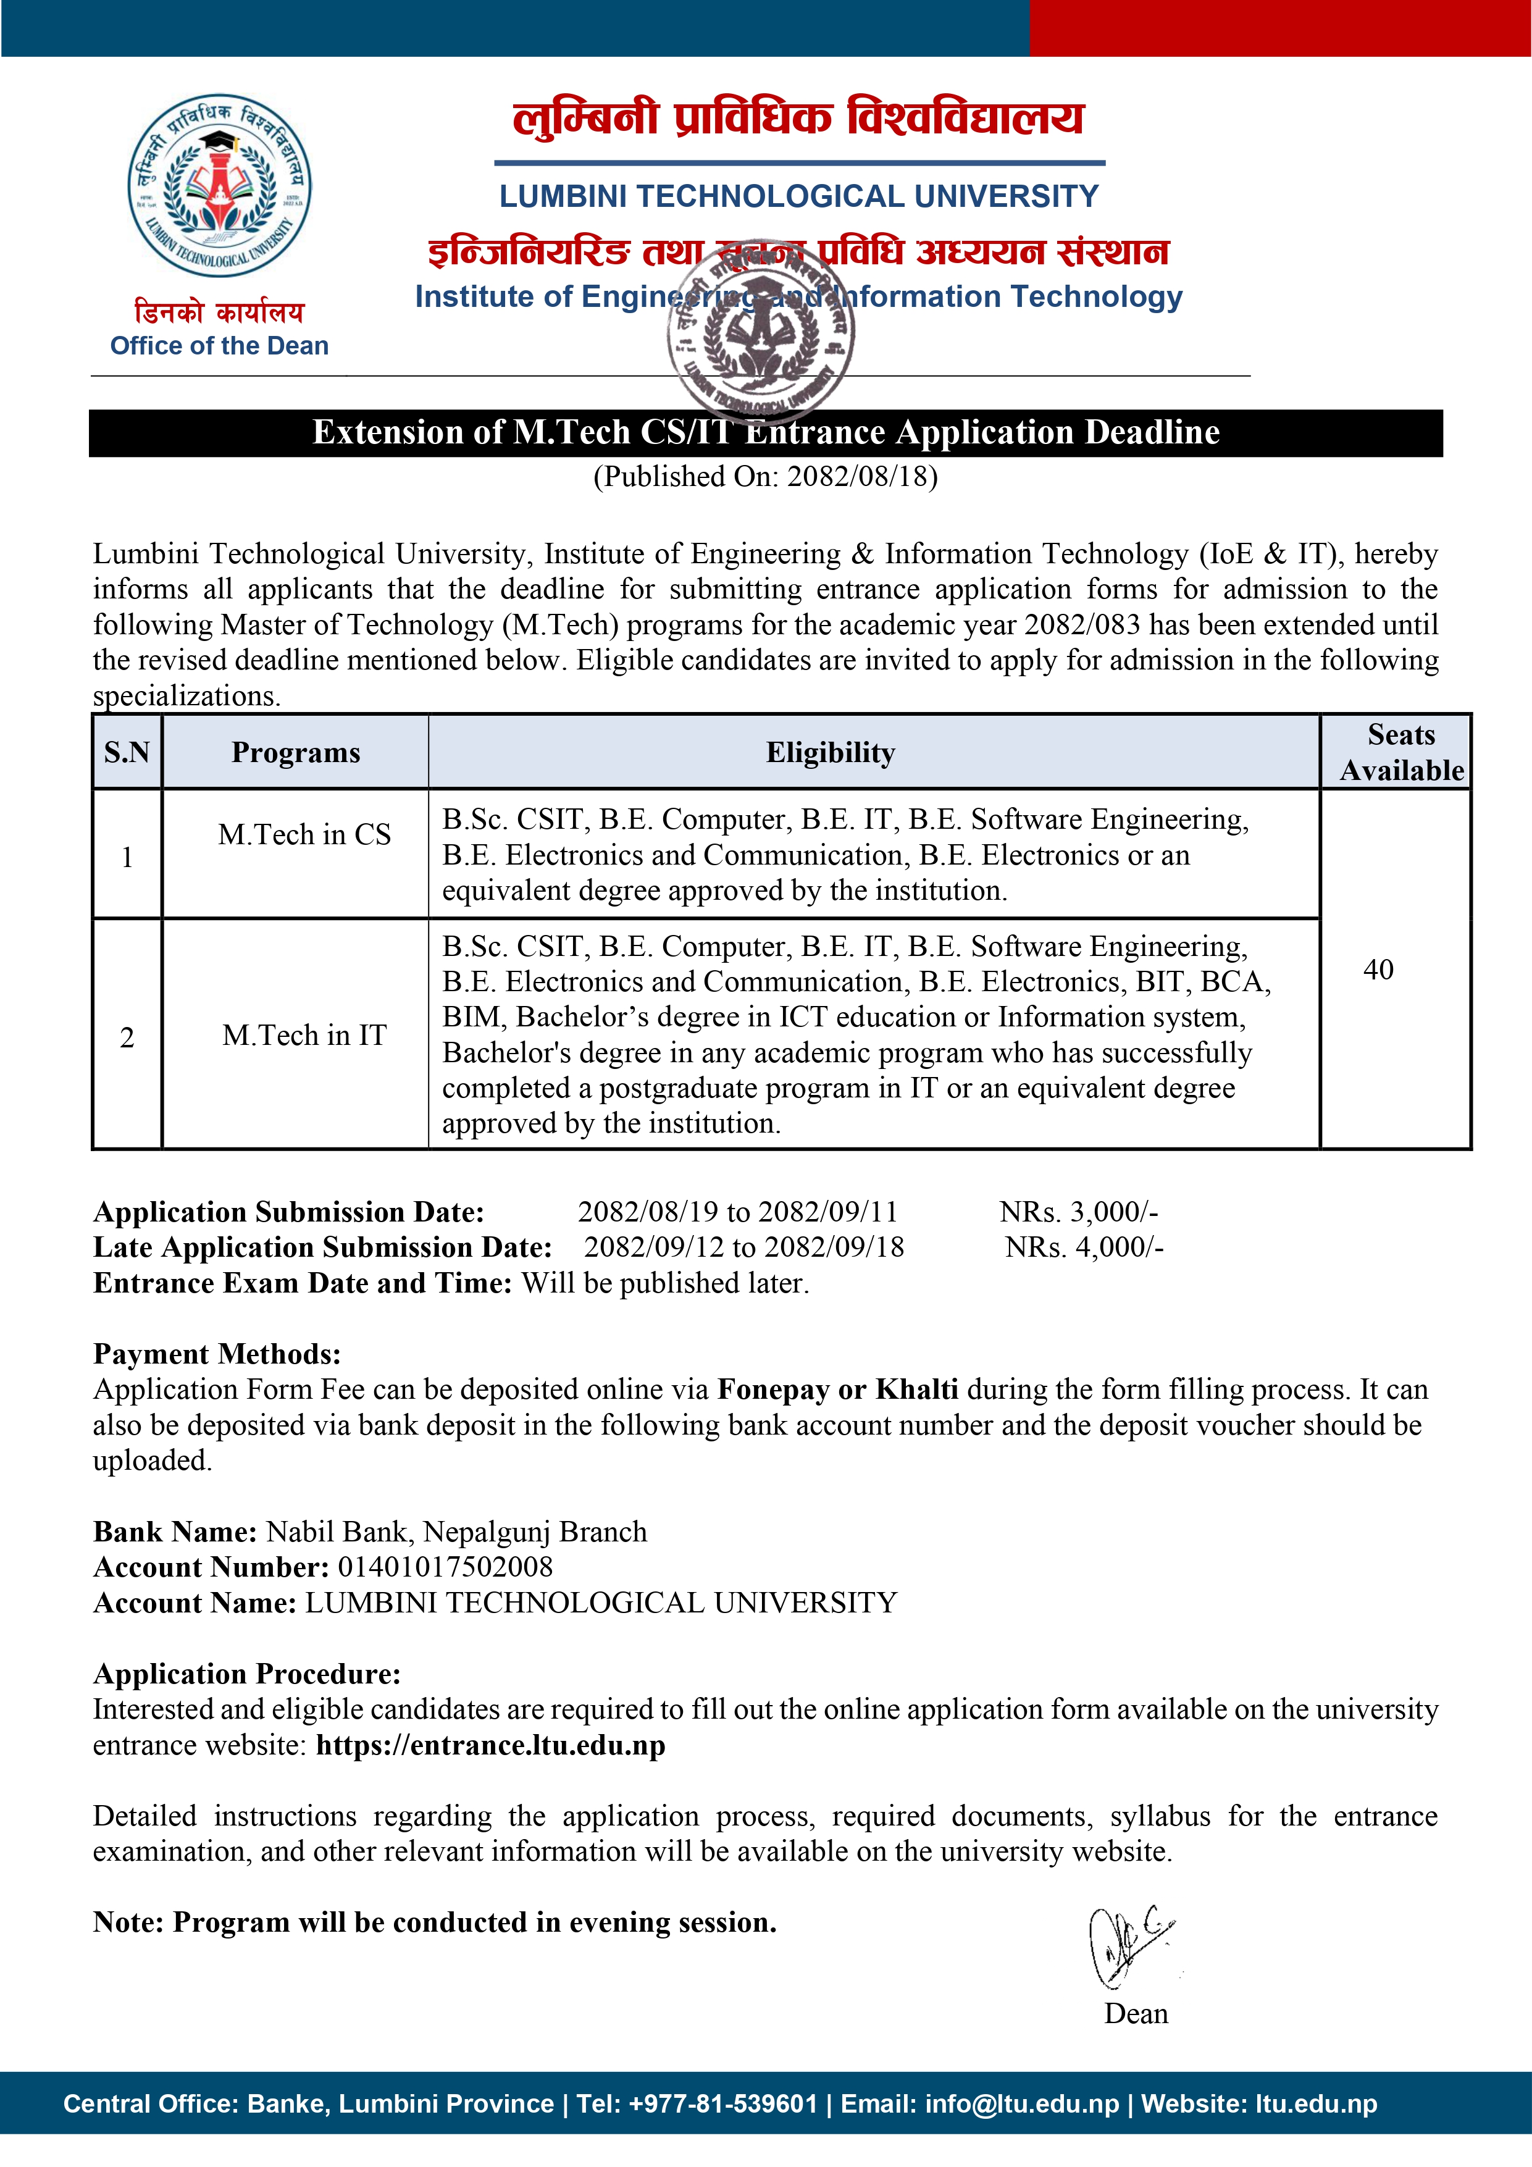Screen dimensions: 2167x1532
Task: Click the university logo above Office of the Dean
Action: tap(220, 185)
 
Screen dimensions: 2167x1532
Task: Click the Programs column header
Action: tap(295, 752)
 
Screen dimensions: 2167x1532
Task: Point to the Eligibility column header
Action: tap(830, 752)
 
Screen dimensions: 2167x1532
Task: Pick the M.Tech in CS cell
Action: tap(304, 834)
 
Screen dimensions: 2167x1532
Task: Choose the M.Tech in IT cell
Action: tap(304, 1036)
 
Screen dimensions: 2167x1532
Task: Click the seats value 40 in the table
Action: tap(1378, 970)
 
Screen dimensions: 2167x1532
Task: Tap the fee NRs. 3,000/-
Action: tap(1078, 1212)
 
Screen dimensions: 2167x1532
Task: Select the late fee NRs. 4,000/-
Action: tap(1084, 1247)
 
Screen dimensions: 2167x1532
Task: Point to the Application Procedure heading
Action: tap(246, 1674)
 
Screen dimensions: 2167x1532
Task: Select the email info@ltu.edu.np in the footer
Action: tap(1021, 2104)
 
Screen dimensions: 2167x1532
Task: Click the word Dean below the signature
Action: tap(1136, 2014)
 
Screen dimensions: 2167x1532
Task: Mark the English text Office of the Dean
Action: tap(219, 346)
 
